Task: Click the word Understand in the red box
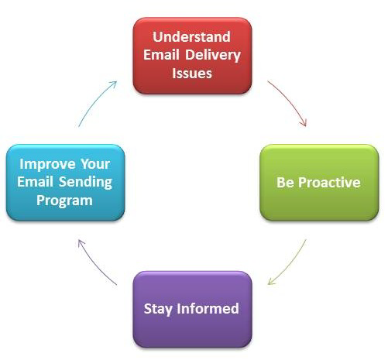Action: click(192, 37)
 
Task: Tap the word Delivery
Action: click(211, 55)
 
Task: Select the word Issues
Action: click(192, 74)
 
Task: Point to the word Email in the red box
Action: click(162, 55)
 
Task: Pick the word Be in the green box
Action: click(285, 183)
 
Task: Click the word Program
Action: click(65, 201)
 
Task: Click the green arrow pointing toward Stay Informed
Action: click(288, 262)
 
